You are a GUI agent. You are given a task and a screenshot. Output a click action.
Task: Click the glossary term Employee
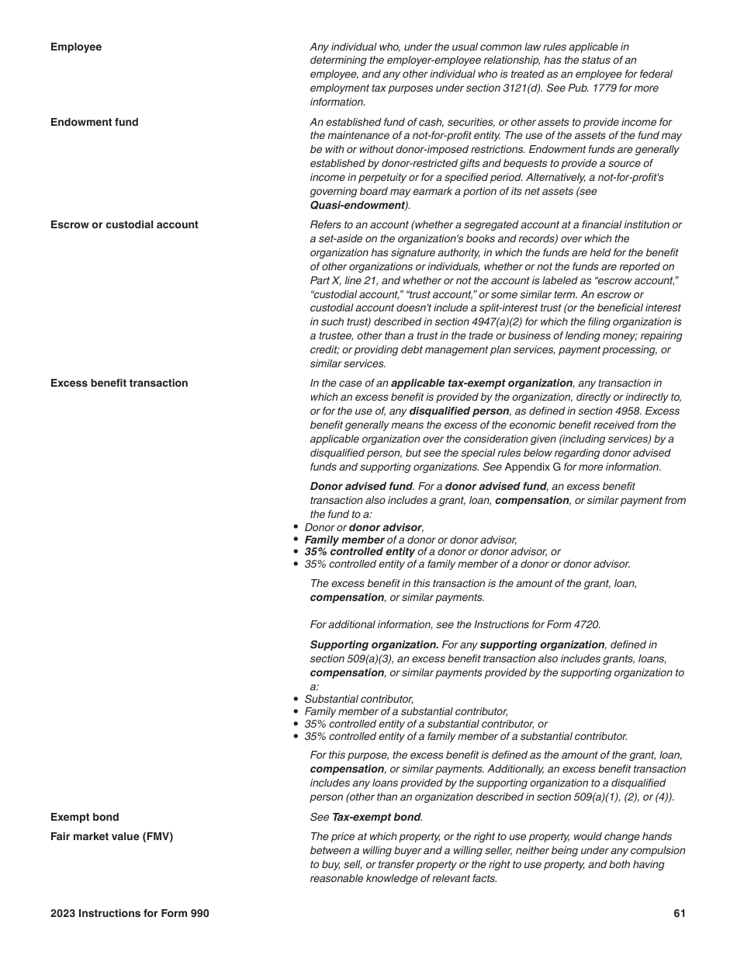(76, 47)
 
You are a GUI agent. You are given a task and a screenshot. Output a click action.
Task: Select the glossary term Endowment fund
(95, 122)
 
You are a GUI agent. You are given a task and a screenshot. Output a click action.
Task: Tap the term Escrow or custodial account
(124, 224)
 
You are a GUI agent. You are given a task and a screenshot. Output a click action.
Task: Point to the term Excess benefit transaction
(119, 383)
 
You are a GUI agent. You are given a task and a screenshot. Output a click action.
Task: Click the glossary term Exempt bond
(85, 817)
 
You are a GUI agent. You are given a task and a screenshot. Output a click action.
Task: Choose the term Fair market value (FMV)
(112, 836)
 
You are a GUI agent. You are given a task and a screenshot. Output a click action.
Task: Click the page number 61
(680, 913)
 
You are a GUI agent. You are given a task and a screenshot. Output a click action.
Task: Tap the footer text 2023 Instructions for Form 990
(130, 913)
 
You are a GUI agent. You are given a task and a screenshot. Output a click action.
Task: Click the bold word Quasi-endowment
(358, 206)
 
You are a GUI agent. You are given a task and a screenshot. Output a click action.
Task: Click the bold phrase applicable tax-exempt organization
(482, 383)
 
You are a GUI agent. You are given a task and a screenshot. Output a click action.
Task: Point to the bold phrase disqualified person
(459, 411)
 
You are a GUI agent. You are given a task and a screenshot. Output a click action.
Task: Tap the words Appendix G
(532, 467)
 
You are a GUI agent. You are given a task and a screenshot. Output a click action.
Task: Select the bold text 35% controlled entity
(359, 552)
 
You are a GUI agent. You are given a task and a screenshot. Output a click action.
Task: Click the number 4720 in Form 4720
(586, 624)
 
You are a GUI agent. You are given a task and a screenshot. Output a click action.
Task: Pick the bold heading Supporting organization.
(374, 644)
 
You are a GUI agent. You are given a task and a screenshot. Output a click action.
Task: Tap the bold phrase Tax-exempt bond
(376, 817)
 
